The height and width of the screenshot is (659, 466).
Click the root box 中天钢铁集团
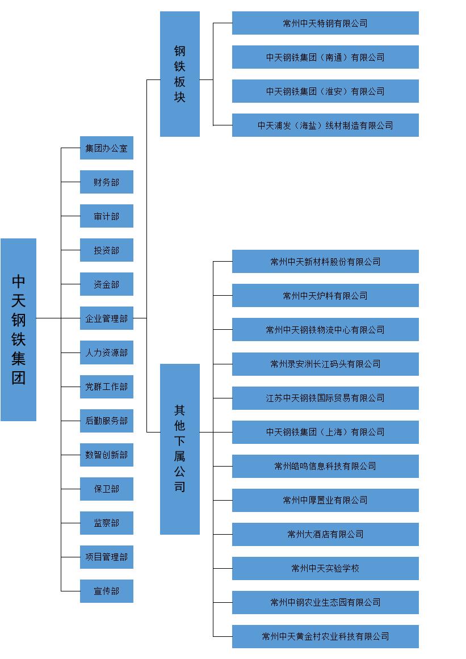tap(19, 329)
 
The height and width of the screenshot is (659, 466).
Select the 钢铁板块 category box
tap(180, 74)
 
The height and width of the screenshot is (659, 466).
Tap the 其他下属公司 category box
tap(180, 449)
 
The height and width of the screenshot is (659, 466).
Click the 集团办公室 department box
tap(107, 148)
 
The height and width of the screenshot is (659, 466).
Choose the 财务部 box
tap(107, 182)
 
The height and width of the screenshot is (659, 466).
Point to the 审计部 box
tap(107, 216)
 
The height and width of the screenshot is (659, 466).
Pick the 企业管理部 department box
tap(107, 318)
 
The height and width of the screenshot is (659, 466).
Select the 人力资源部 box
tap(107, 352)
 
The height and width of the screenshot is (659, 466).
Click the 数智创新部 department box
tap(107, 455)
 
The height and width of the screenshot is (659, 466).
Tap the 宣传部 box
tap(107, 591)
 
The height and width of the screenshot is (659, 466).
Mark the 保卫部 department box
tap(107, 489)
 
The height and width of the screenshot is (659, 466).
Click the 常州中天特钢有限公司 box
tap(325, 23)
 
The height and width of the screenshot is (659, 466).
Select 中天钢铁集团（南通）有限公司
tap(325, 57)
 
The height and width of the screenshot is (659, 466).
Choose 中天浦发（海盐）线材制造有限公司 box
tap(325, 125)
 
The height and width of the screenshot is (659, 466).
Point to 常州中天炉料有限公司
tap(325, 296)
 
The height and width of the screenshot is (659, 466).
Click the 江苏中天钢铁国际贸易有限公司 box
tap(325, 398)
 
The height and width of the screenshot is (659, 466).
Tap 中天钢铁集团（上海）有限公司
tap(325, 432)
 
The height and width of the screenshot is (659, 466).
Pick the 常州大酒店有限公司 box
tap(325, 534)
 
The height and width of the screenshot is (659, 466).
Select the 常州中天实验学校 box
tap(325, 568)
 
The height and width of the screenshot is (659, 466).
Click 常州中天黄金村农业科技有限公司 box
tap(325, 636)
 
